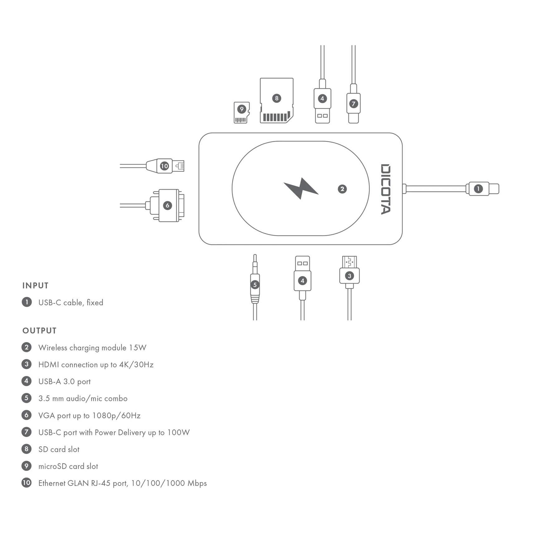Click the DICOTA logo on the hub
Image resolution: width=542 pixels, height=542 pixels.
[385, 189]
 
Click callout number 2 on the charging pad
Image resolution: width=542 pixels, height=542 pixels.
[342, 189]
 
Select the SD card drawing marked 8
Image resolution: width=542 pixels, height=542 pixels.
[277, 100]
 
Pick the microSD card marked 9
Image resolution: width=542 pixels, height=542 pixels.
[241, 112]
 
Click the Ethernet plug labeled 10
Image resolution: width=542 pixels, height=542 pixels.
[165, 166]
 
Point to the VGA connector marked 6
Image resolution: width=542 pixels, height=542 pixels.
[167, 206]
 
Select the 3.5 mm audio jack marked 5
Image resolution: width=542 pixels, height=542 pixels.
[255, 284]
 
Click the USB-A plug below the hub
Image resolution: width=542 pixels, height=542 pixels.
[302, 278]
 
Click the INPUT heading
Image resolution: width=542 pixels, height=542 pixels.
[36, 286]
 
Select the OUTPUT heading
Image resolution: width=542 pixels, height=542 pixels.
[40, 331]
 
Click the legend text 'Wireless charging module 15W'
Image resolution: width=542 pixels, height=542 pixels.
[92, 348]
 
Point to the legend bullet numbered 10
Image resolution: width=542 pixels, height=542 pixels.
[27, 483]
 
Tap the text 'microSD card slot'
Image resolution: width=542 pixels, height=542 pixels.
[68, 466]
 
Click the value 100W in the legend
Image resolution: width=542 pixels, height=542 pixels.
[178, 433]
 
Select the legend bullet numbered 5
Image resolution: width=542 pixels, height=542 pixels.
[27, 398]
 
